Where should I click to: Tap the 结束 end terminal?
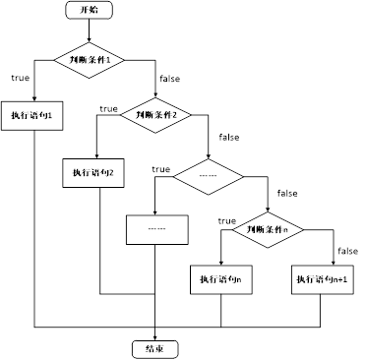click(155, 347)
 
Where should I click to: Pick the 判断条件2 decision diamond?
click(155, 114)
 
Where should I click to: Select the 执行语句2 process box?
click(94, 173)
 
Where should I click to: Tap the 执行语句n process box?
click(220, 279)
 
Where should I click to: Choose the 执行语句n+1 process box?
click(328, 279)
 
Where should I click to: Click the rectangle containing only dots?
click(155, 228)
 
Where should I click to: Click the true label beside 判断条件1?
click(20, 77)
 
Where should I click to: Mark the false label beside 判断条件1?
click(168, 77)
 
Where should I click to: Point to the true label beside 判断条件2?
click(108, 108)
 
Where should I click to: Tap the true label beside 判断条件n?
click(226, 220)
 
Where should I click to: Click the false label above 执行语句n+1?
click(346, 250)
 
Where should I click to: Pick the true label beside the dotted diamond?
click(161, 169)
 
